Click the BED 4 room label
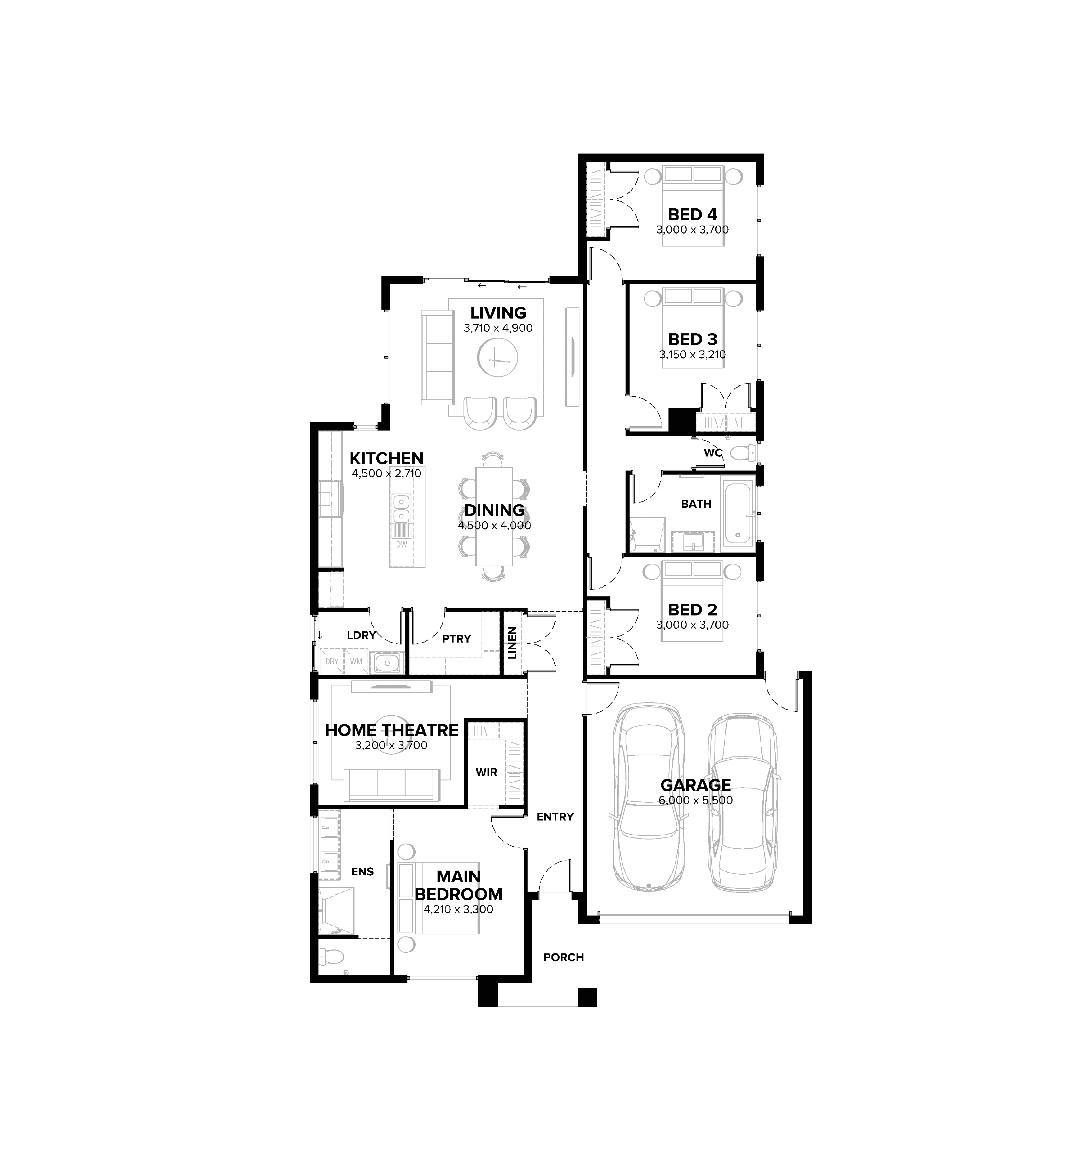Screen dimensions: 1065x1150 [692, 214]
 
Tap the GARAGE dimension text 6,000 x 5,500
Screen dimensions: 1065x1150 [696, 800]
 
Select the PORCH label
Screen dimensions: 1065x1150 [564, 957]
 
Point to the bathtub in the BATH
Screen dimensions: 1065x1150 [738, 514]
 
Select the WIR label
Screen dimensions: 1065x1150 [486, 772]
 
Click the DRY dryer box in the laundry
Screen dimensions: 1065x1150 [332, 661]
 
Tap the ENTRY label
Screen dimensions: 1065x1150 [555, 816]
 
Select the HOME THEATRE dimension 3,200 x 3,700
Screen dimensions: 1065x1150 [391, 746]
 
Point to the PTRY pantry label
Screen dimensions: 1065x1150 [456, 638]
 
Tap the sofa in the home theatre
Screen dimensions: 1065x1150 [391, 784]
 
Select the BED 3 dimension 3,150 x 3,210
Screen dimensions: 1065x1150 [692, 354]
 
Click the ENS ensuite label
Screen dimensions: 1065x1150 [363, 872]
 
